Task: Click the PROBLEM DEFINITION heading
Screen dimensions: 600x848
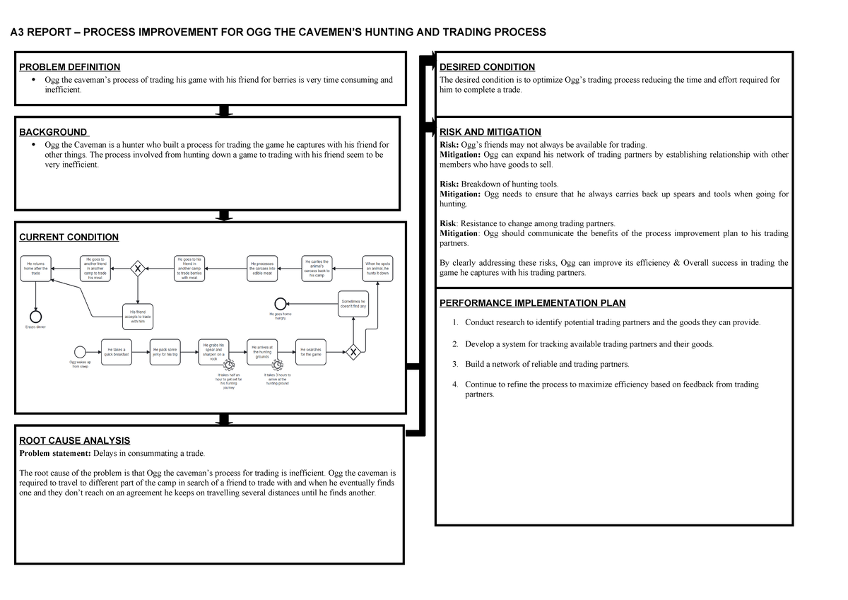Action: point(69,67)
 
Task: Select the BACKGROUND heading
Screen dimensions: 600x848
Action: point(54,132)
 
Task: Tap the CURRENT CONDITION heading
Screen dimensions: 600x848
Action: point(69,237)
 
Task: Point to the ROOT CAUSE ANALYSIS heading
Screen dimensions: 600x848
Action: point(74,440)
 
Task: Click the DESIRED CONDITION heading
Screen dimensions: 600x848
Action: point(487,67)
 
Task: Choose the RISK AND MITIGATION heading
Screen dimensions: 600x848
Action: point(490,132)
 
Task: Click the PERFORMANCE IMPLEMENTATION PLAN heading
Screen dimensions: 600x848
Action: point(532,303)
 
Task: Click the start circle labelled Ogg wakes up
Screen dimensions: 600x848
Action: point(79,351)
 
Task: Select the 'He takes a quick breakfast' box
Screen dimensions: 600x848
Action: point(116,351)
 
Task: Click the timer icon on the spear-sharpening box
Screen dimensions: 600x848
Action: point(228,365)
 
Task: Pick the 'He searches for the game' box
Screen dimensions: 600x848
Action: point(311,351)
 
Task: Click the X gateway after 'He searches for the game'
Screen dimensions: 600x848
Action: point(353,351)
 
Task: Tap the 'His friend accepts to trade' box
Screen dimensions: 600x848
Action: point(137,315)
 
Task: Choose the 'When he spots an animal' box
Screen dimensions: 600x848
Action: point(377,269)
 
